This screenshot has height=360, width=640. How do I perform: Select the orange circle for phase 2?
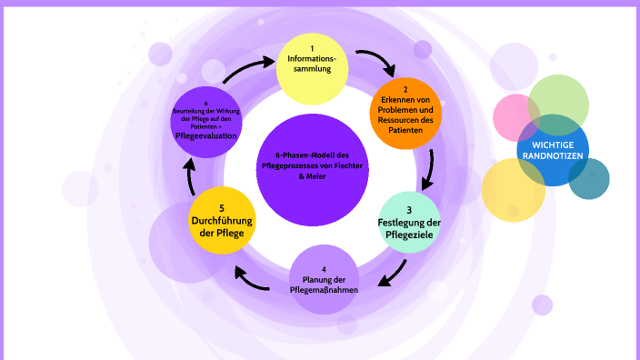(405, 115)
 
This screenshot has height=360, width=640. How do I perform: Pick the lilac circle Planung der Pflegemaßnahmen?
(325, 279)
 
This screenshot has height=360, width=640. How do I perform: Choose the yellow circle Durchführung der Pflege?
(222, 219)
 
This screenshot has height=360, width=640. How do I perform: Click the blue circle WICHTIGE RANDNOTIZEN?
(553, 149)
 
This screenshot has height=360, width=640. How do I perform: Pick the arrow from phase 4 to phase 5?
(252, 275)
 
